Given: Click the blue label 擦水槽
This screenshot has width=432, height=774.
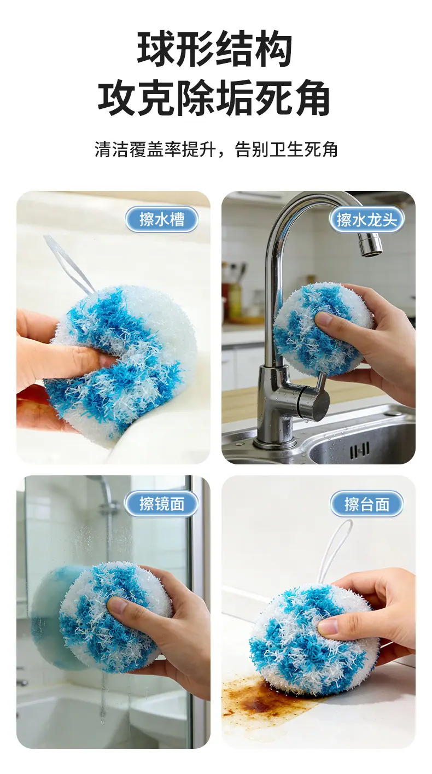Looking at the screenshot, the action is pyautogui.click(x=162, y=219).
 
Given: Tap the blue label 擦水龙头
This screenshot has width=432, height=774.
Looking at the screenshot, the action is pyautogui.click(x=366, y=219).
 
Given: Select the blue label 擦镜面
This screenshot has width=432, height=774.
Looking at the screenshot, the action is pyautogui.click(x=162, y=503).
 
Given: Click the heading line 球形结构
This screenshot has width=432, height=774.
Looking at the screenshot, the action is pyautogui.click(x=215, y=49).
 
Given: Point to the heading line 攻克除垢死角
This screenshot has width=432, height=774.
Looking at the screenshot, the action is pyautogui.click(x=214, y=98).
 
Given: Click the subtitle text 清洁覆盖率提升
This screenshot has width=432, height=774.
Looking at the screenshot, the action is pyautogui.click(x=155, y=150).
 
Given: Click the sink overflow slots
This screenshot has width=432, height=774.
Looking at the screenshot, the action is pyautogui.click(x=359, y=450).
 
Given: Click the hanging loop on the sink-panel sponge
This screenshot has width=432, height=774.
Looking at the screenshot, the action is pyautogui.click(x=69, y=263).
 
